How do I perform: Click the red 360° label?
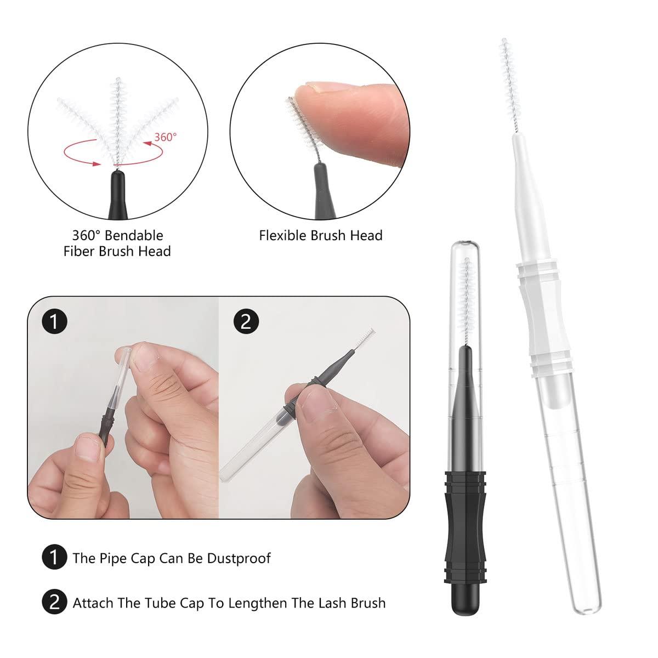pyautogui.click(x=165, y=137)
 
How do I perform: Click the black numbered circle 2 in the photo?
pyautogui.click(x=245, y=321)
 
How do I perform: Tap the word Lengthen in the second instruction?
pyautogui.click(x=257, y=603)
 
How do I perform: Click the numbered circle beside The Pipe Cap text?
pyautogui.click(x=54, y=558)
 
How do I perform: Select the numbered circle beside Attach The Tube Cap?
pyautogui.click(x=54, y=603)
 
